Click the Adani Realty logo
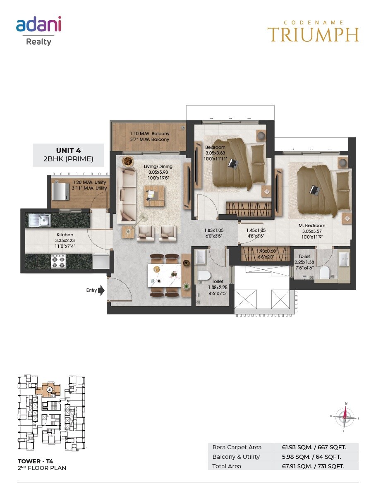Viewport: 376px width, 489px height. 38,31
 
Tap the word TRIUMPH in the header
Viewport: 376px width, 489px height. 313,35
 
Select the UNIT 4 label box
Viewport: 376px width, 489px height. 68,155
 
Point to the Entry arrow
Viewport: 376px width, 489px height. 102,290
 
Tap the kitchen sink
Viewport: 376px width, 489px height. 40,220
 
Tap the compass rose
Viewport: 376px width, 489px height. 344,417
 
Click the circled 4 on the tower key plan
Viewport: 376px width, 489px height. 49,389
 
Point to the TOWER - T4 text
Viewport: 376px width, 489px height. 36,461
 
